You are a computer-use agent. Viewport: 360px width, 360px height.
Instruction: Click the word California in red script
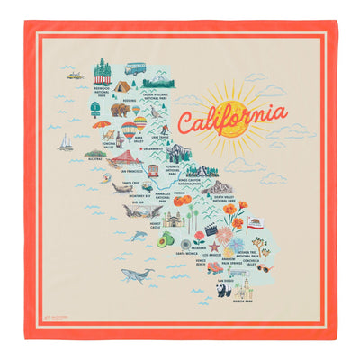click(231, 118)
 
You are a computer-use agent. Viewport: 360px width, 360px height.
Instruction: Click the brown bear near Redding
click(119, 110)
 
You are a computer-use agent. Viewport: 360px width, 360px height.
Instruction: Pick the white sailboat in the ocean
click(66, 142)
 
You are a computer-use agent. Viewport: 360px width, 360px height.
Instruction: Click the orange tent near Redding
click(120, 86)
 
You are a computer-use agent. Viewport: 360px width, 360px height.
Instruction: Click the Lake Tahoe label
click(185, 137)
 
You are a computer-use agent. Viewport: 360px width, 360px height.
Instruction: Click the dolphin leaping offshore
click(139, 235)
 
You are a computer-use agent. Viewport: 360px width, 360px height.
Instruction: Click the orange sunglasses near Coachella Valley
click(264, 266)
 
